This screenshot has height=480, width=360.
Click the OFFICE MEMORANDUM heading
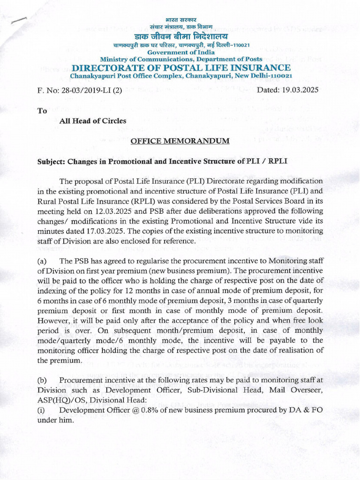click(x=180, y=141)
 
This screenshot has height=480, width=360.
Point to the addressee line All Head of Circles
click(x=93, y=121)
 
